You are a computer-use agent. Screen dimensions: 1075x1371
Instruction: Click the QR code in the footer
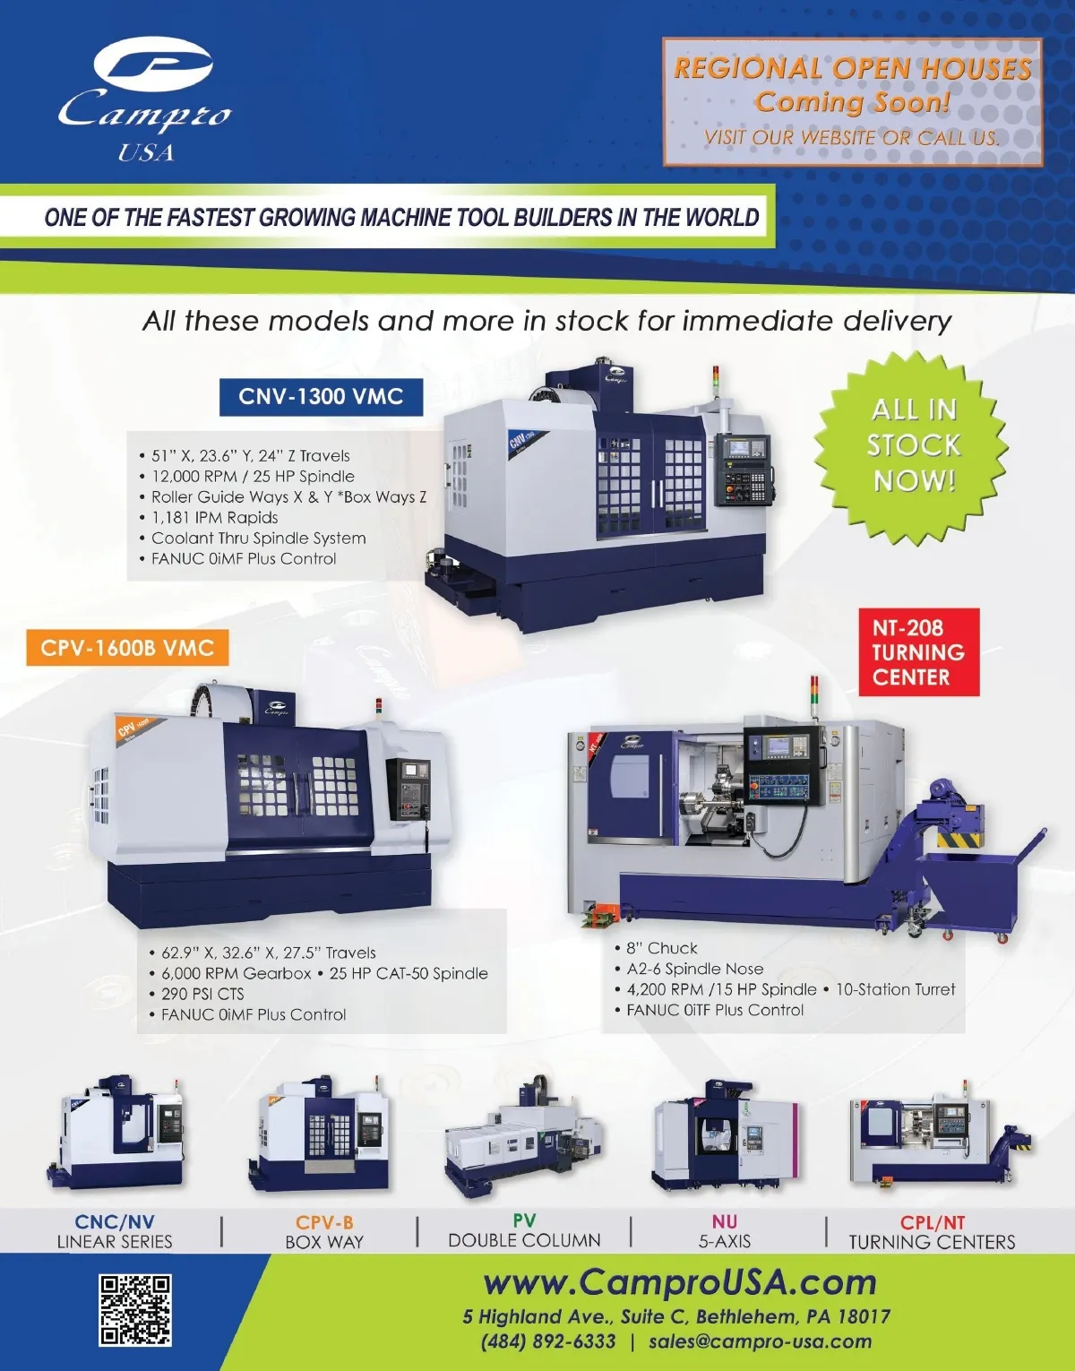pos(135,1309)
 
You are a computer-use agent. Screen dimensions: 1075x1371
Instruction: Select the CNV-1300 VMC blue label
pos(321,396)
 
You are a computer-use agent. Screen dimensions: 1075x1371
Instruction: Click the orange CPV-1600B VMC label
pos(127,647)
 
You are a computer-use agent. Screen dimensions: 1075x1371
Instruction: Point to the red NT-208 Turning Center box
pos(918,651)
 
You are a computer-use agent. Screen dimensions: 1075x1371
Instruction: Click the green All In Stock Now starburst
pos(912,446)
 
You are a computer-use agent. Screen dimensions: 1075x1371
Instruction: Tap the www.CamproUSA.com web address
pos(680,1281)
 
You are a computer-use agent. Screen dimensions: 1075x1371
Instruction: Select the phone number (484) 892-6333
pos(548,1341)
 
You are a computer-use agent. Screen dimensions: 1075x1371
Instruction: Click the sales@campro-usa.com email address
pos(760,1341)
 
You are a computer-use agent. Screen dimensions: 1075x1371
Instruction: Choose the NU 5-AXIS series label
pos(725,1231)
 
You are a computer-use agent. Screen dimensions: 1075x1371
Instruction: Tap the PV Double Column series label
pos(524,1230)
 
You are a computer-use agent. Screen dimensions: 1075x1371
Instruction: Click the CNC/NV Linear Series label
pos(114,1231)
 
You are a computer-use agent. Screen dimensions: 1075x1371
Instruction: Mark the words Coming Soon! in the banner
pos(853,101)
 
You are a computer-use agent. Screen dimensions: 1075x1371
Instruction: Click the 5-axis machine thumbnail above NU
pos(725,1135)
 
